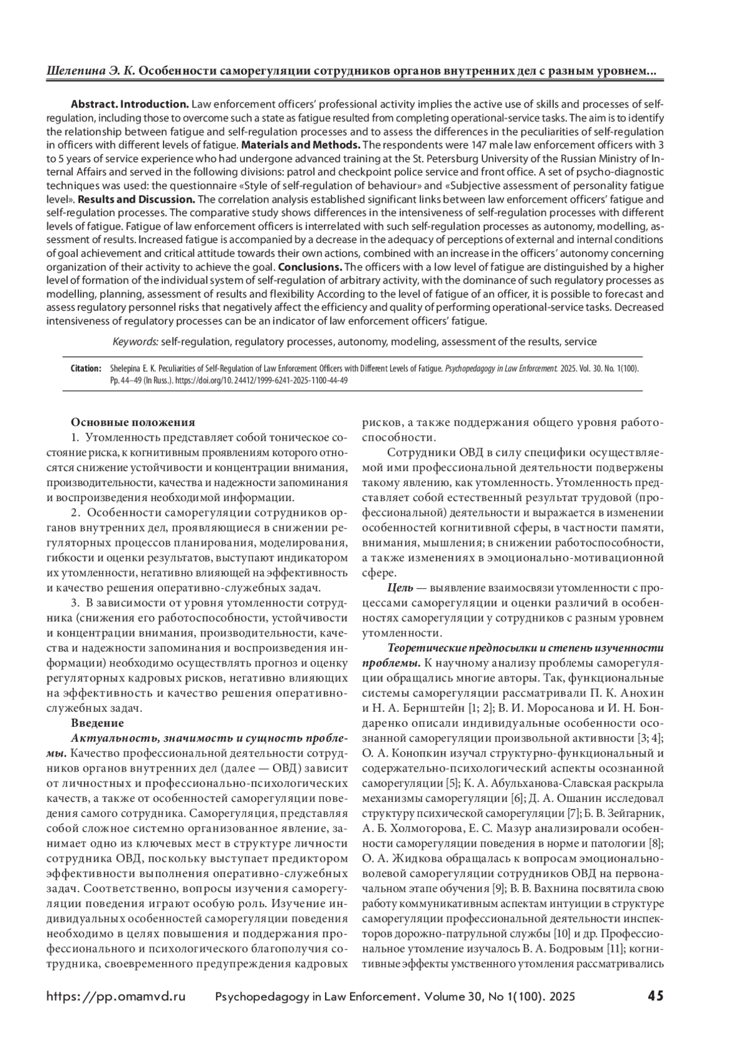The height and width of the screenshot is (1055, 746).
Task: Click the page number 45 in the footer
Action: pyautogui.click(x=655, y=996)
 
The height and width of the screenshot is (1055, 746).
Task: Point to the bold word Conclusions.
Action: pyautogui.click(x=310, y=267)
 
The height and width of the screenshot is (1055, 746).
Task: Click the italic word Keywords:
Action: pyautogui.click(x=136, y=341)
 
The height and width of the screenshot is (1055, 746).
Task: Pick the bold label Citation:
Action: pyautogui.click(x=86, y=369)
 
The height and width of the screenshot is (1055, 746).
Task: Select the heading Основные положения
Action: pyautogui.click(x=133, y=422)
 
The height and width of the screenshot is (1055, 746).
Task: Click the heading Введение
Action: pyautogui.click(x=97, y=723)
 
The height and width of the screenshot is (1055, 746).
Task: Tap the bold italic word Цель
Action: pyautogui.click(x=399, y=587)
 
